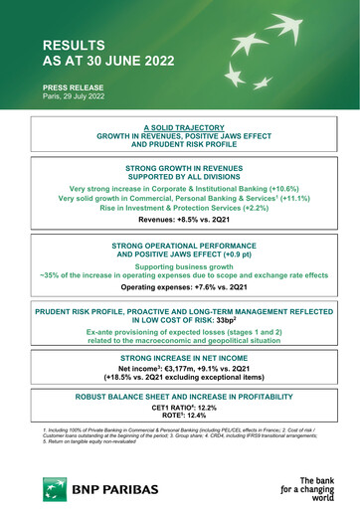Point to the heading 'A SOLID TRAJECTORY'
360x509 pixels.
tap(180, 128)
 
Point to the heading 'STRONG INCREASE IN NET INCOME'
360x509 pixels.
tap(180, 356)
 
